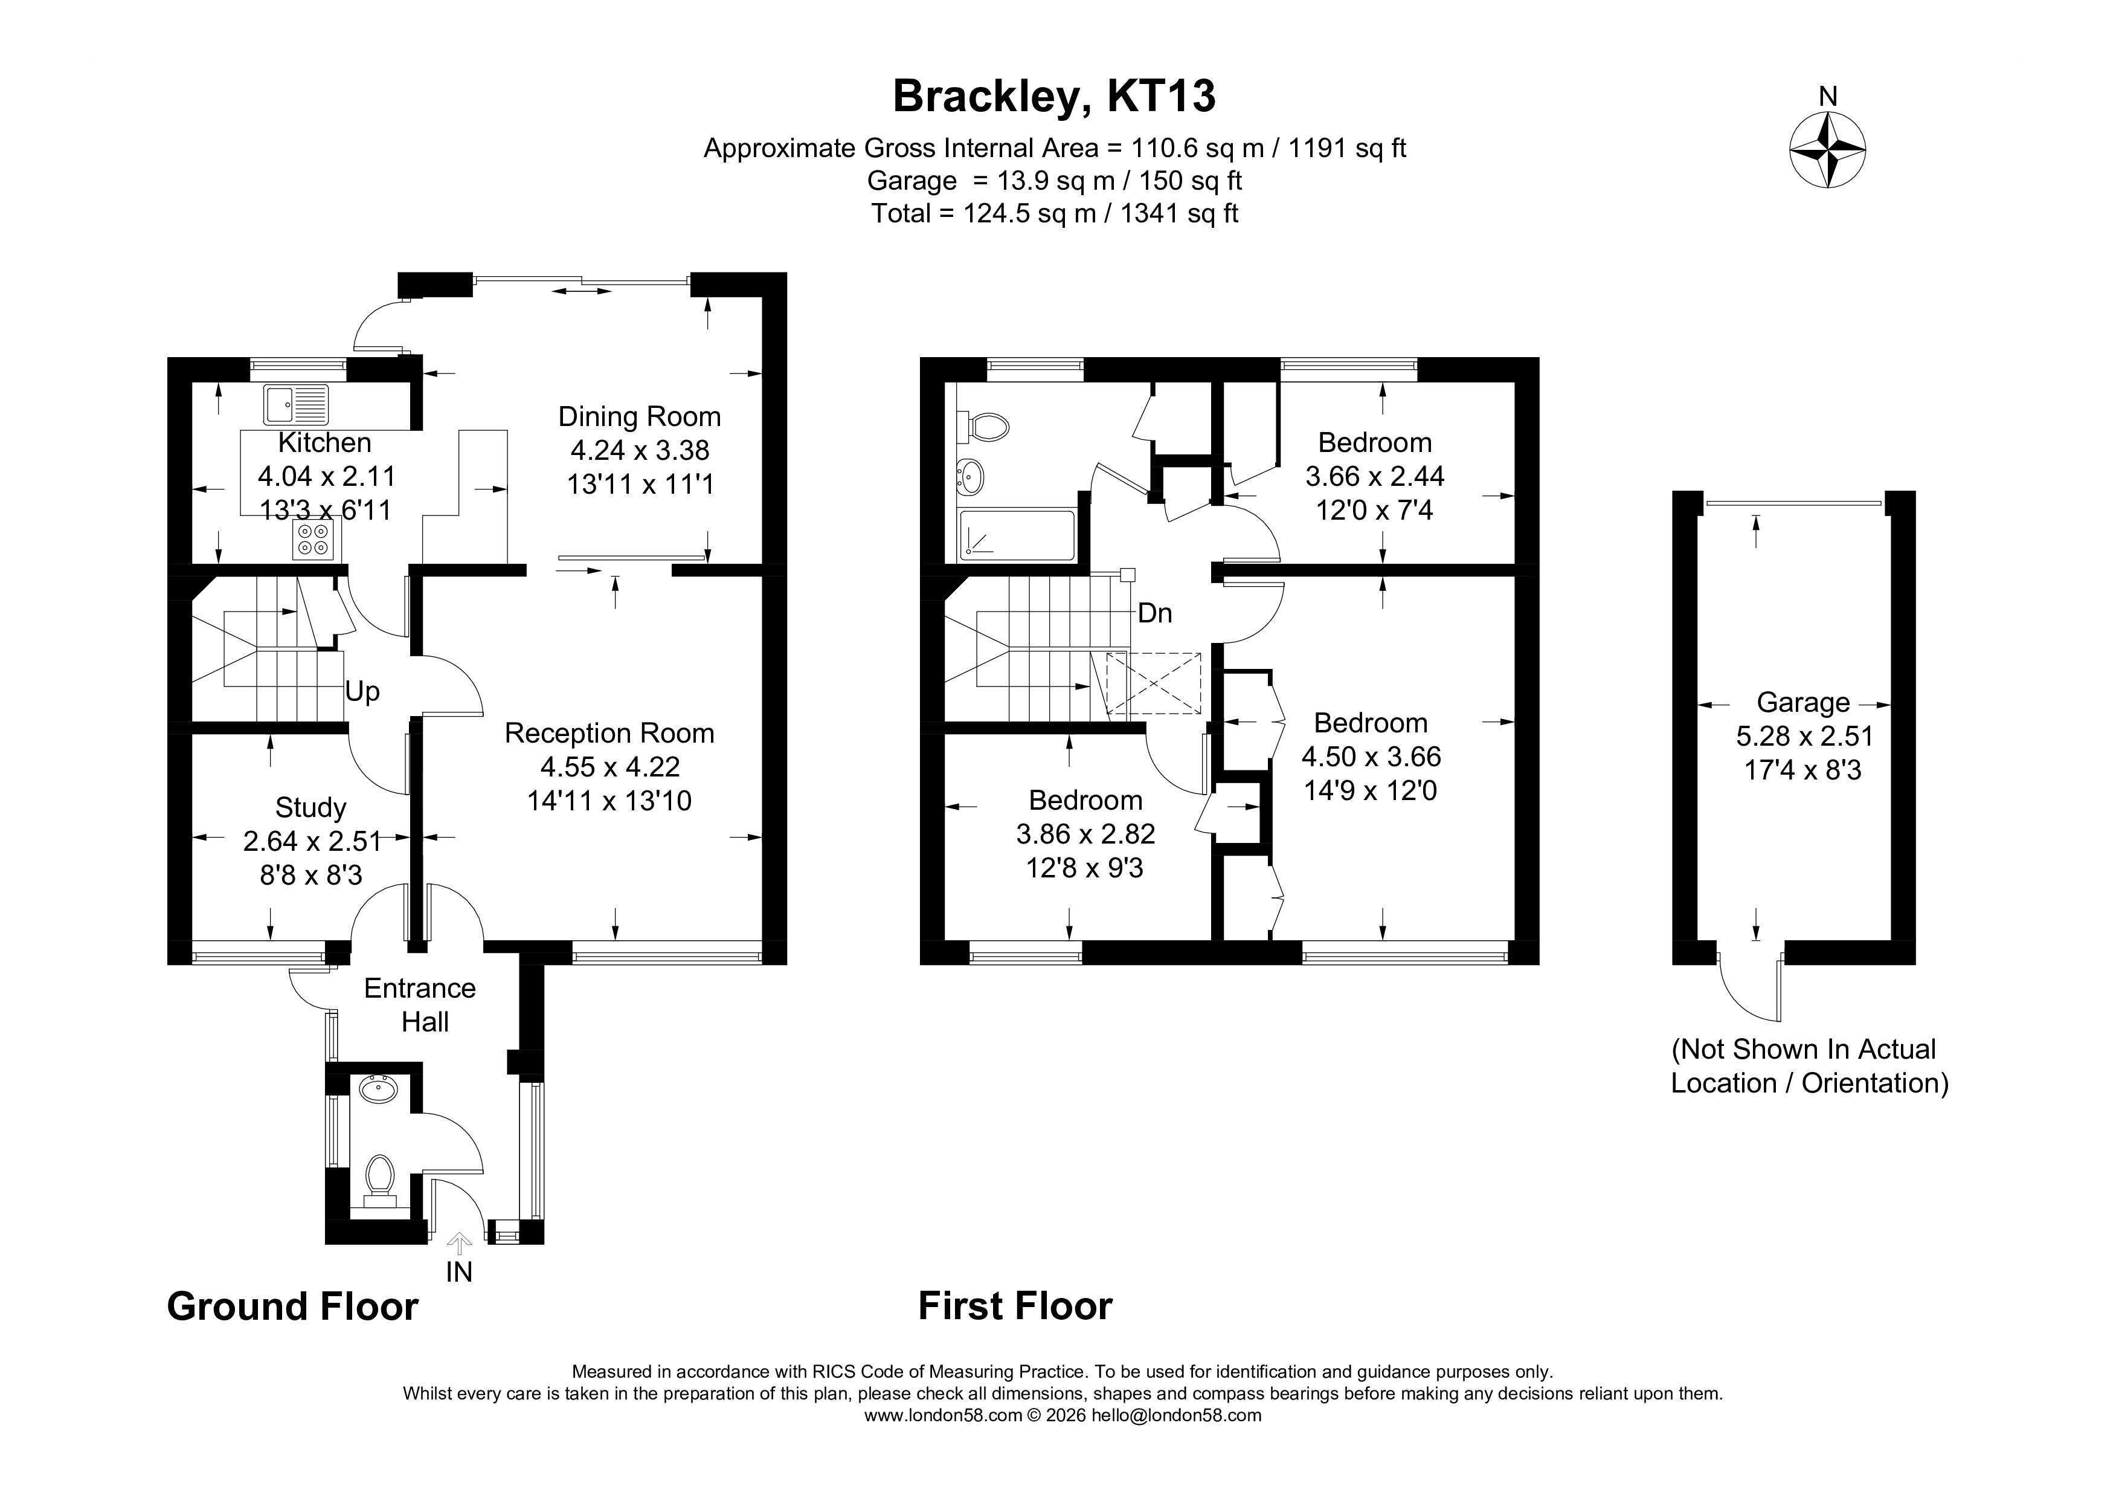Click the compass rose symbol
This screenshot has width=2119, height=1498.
(x=1827, y=149)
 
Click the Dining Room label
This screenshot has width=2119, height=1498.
(x=640, y=416)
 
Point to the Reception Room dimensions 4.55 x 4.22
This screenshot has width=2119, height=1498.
(x=610, y=766)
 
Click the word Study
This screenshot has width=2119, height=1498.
(x=311, y=807)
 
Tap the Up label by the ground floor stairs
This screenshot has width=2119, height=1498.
(x=362, y=691)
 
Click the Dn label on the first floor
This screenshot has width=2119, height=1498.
(x=1154, y=613)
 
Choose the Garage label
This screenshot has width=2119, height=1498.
(x=1802, y=702)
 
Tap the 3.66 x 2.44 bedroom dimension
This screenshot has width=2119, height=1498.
(x=1374, y=476)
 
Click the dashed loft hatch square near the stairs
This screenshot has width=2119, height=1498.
(x=1154, y=683)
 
